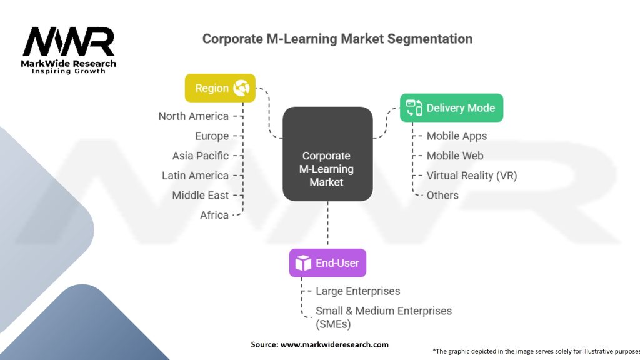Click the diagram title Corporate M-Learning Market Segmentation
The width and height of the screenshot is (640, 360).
(337, 39)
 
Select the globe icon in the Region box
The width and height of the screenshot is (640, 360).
(241, 88)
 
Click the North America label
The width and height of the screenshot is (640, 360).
(194, 116)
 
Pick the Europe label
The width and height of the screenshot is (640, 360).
(212, 136)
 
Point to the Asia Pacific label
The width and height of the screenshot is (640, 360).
(201, 156)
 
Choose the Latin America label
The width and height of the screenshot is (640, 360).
(195, 176)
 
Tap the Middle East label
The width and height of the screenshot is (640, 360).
(201, 196)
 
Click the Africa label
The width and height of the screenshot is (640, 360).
(214, 215)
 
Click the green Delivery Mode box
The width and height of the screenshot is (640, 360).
(451, 108)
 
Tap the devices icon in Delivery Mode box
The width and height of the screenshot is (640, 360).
(414, 108)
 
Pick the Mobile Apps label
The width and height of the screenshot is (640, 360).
(457, 136)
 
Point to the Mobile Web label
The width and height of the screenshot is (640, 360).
(455, 156)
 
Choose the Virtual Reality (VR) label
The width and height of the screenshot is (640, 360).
(472, 176)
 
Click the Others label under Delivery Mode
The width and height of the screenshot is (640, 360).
(442, 196)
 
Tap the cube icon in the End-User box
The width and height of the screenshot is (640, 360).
(303, 263)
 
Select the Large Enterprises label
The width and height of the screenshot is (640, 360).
(358, 291)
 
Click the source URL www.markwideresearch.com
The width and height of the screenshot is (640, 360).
(334, 344)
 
